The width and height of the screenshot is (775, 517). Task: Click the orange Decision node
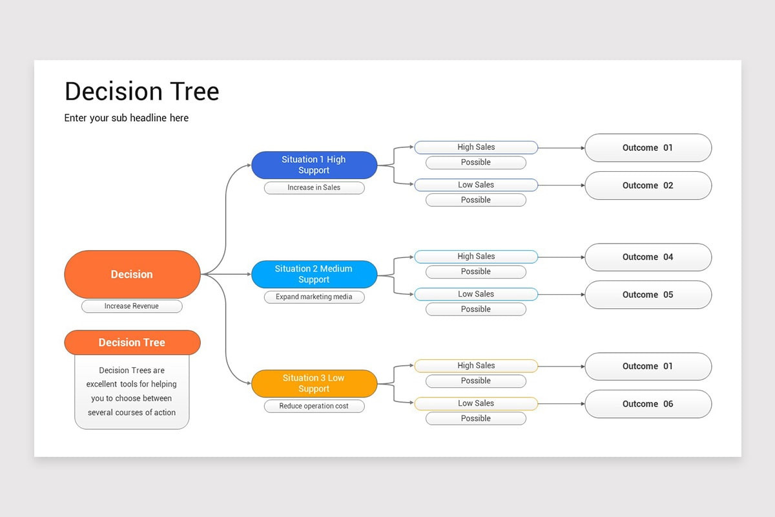click(132, 274)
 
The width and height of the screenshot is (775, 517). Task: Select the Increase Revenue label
click(132, 306)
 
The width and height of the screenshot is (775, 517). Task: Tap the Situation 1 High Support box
click(314, 165)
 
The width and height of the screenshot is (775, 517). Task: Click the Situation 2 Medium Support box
click(314, 274)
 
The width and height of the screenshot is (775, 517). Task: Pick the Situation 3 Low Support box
click(314, 383)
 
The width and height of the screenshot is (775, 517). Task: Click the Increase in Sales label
click(314, 187)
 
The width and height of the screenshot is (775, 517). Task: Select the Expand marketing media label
click(314, 297)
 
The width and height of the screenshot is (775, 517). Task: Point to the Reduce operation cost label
click(314, 406)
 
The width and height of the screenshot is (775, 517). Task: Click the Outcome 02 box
click(648, 185)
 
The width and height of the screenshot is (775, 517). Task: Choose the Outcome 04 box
click(648, 257)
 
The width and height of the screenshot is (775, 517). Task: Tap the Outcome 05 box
click(648, 295)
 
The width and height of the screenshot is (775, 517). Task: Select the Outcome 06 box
click(648, 404)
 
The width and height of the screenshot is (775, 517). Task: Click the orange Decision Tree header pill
click(132, 343)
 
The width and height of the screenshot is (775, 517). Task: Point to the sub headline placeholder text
click(127, 118)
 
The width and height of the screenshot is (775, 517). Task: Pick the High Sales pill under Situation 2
click(476, 257)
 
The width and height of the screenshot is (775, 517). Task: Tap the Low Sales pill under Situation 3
click(476, 403)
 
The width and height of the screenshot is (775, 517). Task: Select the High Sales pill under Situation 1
click(476, 147)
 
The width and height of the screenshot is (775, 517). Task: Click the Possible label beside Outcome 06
click(476, 419)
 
